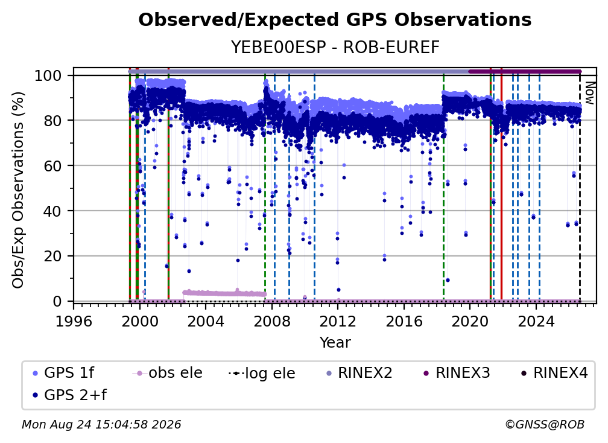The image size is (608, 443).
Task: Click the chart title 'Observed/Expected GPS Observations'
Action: coord(335,20)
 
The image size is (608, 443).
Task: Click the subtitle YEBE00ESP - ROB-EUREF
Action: coord(335,47)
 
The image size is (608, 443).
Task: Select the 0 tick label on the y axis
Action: coord(57,301)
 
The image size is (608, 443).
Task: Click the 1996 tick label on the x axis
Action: coord(74,321)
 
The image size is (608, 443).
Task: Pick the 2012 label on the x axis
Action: coord(338,321)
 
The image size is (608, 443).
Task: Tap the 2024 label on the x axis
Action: coord(536,321)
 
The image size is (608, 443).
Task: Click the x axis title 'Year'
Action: coord(335,343)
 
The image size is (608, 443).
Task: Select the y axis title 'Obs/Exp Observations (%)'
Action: coord(18,190)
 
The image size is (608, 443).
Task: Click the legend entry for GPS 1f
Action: coord(63,373)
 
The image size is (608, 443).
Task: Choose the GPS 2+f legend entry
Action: coord(69,395)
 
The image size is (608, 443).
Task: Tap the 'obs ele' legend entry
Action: coord(167,373)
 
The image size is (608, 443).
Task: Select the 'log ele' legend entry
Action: coord(262,373)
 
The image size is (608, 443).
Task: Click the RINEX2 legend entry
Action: coord(359,373)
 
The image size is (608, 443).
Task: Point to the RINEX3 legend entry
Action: coord(457,373)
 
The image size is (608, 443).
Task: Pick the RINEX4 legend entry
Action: coord(555,373)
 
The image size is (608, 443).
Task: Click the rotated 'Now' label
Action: coord(589,93)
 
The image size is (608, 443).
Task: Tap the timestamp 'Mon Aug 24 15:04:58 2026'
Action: coord(101,424)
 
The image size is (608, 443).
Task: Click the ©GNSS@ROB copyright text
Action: coord(545,424)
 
